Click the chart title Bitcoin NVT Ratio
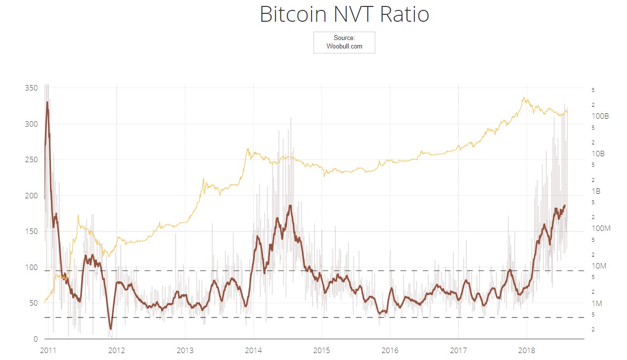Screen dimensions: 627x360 [344, 14]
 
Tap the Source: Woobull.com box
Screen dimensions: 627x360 [344, 42]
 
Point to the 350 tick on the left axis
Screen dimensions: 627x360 [31, 88]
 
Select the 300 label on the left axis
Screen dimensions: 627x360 [31, 124]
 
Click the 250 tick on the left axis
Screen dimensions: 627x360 [31, 160]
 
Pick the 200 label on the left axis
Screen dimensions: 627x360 [31, 196]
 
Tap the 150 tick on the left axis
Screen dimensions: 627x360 [31, 231]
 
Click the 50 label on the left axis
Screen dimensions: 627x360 [33, 303]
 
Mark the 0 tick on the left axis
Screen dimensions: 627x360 [36, 339]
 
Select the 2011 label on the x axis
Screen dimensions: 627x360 [48, 351]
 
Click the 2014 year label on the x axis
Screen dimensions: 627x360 [253, 351]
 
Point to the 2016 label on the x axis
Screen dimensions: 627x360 [390, 351]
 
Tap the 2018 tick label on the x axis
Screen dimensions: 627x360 [527, 351]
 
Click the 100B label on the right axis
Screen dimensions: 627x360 [600, 116]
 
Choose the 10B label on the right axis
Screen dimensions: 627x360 [598, 154]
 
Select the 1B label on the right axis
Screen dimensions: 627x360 [596, 191]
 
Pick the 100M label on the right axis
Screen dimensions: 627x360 [601, 228]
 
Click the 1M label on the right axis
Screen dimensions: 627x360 [597, 304]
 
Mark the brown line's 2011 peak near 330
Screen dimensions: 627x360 [47, 102]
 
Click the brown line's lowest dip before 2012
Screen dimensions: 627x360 [111, 329]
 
